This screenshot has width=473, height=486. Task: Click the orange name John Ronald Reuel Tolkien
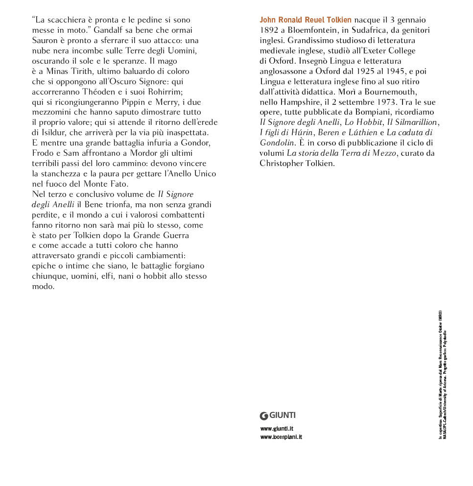305,20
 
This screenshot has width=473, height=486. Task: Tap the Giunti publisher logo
278,415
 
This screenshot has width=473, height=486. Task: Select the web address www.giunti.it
277,429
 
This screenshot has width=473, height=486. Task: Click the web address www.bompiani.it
281,437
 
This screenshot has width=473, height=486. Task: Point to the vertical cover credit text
443,375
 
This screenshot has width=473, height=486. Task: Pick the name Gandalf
109,30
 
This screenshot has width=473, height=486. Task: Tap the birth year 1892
269,30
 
